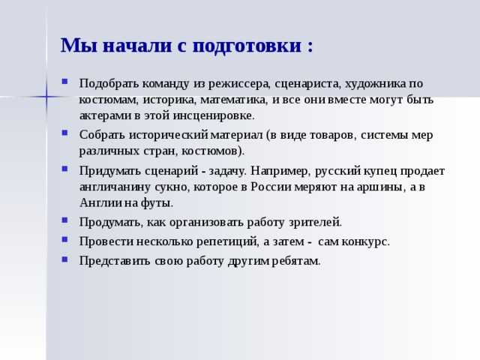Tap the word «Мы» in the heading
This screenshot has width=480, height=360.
(x=76, y=45)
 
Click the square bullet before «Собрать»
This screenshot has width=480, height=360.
(x=67, y=134)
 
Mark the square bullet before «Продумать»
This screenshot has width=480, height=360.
(x=67, y=221)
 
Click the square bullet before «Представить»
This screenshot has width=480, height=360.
(x=67, y=259)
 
